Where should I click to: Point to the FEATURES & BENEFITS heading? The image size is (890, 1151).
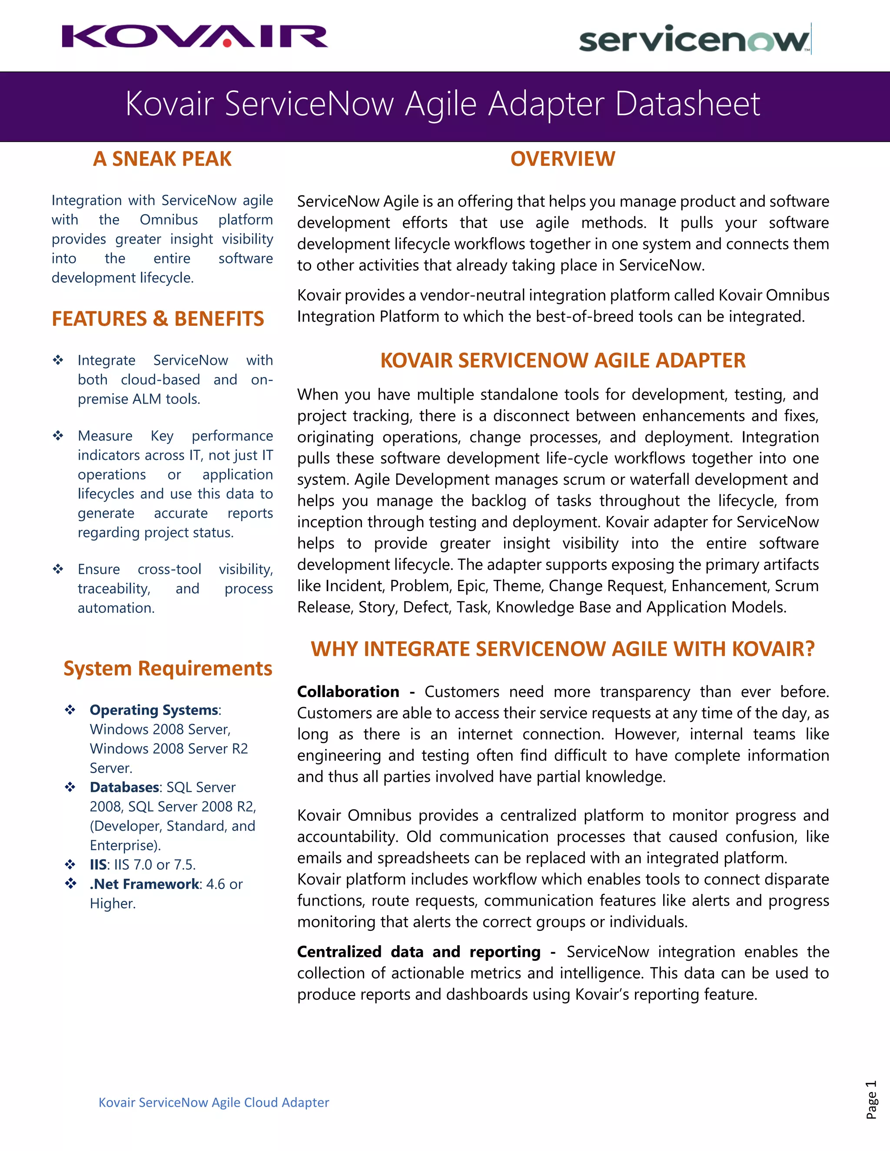pos(158,319)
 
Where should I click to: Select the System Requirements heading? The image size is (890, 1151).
pos(168,668)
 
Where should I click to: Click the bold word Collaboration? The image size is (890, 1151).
pos(348,691)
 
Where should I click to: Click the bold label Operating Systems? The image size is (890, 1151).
pos(153,710)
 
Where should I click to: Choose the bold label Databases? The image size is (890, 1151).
pos(124,787)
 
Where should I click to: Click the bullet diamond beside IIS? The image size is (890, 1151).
pos(70,864)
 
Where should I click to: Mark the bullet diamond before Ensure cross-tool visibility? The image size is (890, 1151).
pos(58,569)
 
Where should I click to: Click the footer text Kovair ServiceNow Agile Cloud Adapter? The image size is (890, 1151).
pos(213,1102)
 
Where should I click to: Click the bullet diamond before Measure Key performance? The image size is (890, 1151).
pos(58,435)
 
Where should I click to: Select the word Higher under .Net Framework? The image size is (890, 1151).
pos(112,903)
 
